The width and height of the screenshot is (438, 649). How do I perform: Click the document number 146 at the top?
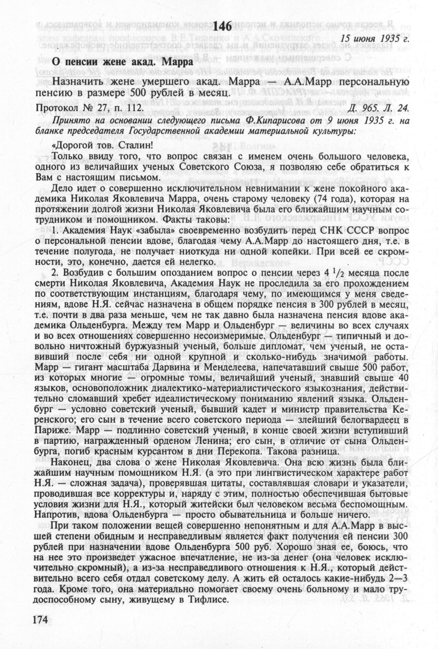222,26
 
